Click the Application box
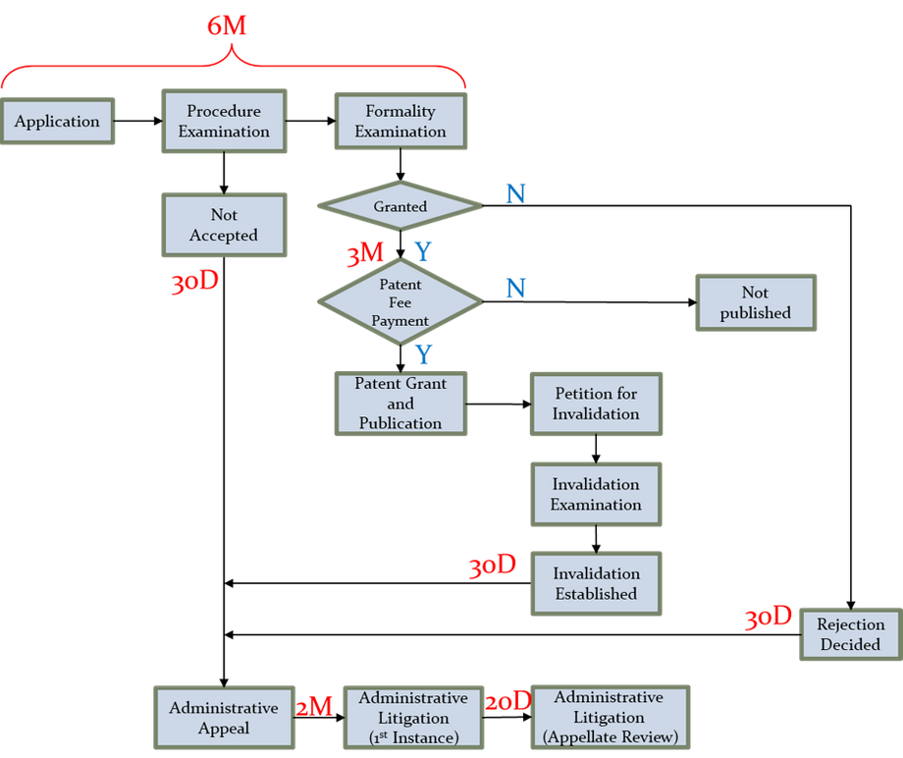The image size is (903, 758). [x=57, y=122]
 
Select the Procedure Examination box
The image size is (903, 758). [x=224, y=121]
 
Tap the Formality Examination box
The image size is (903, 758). [x=399, y=121]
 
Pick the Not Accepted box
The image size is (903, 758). [x=224, y=225]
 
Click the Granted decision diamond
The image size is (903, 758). [x=399, y=207]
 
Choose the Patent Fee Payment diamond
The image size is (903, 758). [x=399, y=301]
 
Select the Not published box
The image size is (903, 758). [x=755, y=302]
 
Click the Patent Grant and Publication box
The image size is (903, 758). [x=399, y=404]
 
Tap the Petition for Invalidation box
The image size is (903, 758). [x=596, y=404]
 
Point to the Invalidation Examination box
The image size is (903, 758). [x=596, y=494]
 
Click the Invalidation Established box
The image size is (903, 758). [x=596, y=583]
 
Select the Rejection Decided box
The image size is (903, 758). [x=850, y=634]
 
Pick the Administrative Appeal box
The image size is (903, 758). [x=224, y=718]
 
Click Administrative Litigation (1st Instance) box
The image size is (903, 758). [x=413, y=718]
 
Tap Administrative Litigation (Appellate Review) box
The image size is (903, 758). [x=609, y=718]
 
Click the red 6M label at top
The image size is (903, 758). [x=227, y=26]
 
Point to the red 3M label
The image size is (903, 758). [x=363, y=255]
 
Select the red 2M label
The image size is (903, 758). [x=315, y=705]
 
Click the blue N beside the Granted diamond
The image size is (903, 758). [x=514, y=192]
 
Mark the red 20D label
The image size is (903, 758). [x=507, y=701]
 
